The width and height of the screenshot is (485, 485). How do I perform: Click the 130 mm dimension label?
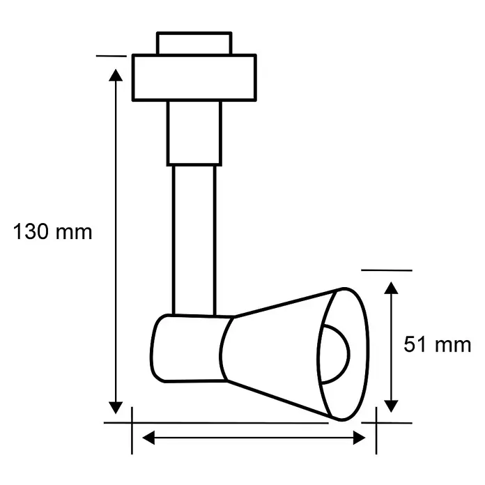(52, 231)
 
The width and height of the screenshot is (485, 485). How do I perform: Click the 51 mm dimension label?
(438, 344)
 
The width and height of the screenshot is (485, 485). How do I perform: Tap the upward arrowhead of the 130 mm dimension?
(116, 75)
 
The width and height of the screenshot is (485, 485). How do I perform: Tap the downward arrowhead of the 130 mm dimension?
(116, 408)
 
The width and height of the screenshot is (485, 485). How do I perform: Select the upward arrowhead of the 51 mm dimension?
(391, 288)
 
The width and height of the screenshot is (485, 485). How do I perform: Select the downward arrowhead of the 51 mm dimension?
(391, 406)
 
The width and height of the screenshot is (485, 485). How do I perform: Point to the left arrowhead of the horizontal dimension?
(148, 438)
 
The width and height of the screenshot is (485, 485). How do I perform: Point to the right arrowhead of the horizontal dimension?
(360, 438)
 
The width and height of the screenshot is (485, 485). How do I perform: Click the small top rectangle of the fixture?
(194, 43)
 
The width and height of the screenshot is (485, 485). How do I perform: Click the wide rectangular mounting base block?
(194, 77)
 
